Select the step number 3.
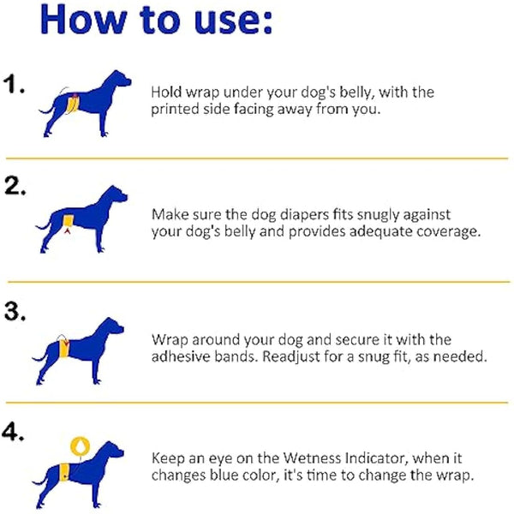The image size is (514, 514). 15,312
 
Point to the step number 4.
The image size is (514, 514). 15,434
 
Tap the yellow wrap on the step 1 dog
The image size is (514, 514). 75,105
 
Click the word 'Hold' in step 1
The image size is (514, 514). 165,92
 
